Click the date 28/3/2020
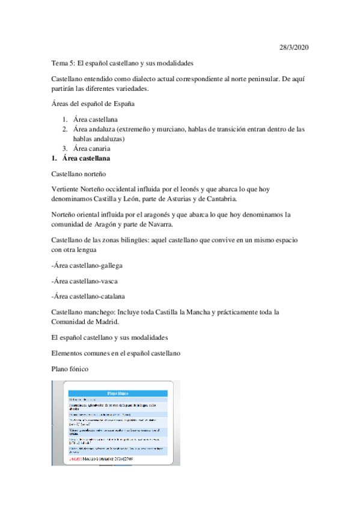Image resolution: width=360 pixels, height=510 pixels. pos(294,47)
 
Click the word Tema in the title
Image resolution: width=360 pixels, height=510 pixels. pos(59,63)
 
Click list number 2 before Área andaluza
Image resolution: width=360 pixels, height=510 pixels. pos(64,129)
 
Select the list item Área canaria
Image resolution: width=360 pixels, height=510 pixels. pos(92,149)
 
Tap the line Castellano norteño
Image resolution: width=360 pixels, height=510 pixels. pos(78,174)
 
